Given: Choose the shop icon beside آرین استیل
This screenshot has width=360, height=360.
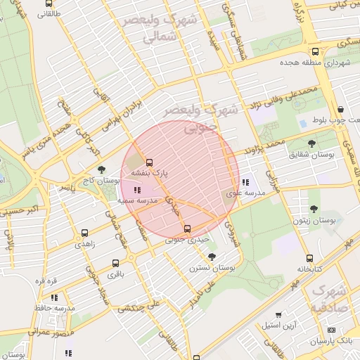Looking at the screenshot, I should (279, 314).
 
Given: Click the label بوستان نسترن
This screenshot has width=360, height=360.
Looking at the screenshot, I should (212, 268).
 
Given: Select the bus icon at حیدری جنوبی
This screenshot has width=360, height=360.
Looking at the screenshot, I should (186, 229).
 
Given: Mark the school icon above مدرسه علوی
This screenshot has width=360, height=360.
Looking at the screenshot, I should (244, 182).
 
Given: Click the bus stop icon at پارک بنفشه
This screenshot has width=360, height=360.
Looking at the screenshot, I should (148, 162).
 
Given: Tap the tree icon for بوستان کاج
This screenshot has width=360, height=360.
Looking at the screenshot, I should (102, 169).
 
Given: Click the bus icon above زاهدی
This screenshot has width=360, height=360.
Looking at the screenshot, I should (85, 232).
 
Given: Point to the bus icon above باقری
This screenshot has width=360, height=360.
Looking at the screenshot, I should (115, 264).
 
